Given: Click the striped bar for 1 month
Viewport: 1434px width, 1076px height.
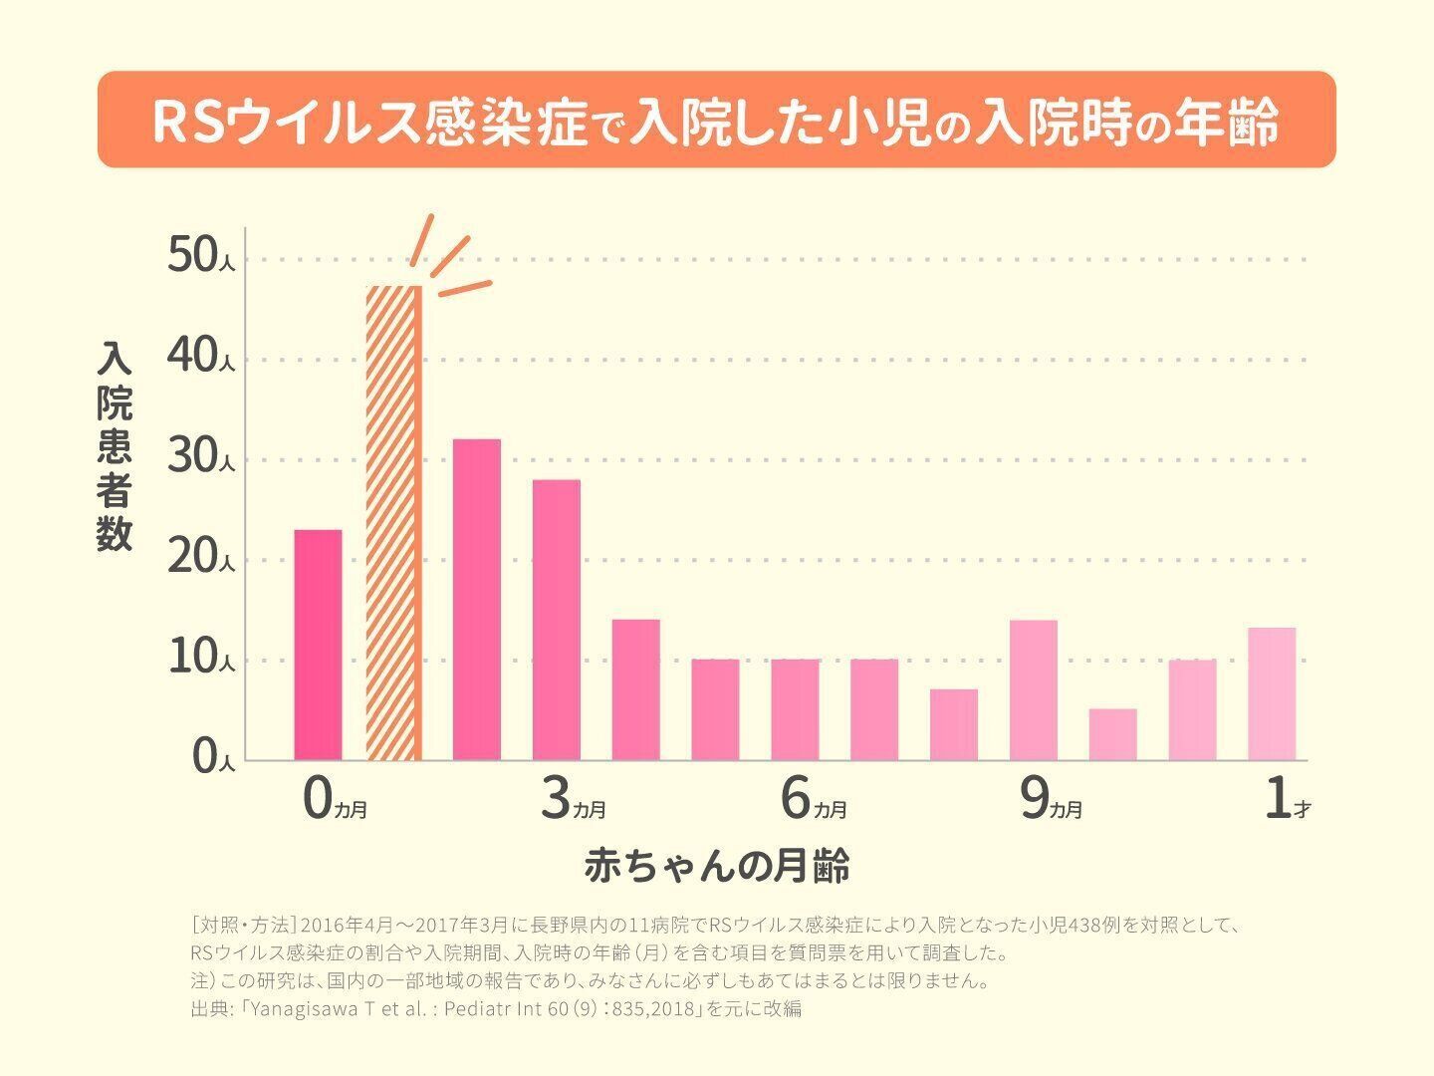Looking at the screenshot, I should pos(394,523).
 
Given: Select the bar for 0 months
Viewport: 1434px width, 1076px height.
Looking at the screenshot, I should pos(318,645).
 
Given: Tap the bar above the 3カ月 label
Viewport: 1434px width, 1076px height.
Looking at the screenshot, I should pos(556,620).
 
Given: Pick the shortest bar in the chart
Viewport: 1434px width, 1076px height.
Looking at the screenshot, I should pos(1112,735).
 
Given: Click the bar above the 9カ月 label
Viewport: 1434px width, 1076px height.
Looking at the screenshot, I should pos(1033,689).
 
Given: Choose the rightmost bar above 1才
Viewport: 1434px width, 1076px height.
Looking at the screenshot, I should pos(1271,693).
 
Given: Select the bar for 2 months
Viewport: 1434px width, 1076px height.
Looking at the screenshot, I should pos(476,600).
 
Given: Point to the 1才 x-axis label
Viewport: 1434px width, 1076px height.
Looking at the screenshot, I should pos(1286,801).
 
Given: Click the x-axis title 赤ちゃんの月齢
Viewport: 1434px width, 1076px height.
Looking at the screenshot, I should pos(717,866).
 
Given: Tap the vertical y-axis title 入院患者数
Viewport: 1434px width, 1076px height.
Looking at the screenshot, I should pos(115,446).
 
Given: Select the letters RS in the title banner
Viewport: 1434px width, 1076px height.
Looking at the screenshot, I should pos(189,121).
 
